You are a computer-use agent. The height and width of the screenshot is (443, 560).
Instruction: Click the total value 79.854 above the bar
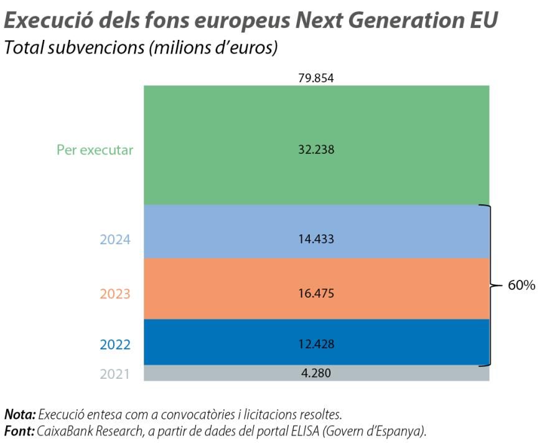[x=316, y=79]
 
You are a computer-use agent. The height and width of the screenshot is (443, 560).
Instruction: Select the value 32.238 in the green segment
[x=316, y=150]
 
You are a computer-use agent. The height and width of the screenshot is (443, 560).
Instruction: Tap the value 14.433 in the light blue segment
[x=316, y=239]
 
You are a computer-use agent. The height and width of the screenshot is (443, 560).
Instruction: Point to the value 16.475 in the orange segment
[x=316, y=293]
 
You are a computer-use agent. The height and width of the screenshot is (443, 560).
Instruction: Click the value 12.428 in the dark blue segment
[x=316, y=344]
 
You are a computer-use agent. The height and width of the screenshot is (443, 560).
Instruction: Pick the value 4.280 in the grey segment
[x=316, y=373]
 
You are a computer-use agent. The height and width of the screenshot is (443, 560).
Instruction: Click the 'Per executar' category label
[x=95, y=150]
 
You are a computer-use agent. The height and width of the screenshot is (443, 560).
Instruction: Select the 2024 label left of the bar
[x=115, y=239]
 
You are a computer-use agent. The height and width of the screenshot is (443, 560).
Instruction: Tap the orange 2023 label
[x=115, y=293]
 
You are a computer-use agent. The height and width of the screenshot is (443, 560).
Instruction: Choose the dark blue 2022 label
[x=115, y=345]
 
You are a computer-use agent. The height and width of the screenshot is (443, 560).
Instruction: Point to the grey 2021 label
[x=115, y=374]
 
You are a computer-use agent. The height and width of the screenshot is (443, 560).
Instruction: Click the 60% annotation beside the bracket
[x=521, y=285]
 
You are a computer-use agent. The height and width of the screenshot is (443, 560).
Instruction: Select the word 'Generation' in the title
[x=399, y=20]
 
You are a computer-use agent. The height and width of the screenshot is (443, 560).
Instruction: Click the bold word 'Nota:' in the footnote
[x=20, y=414]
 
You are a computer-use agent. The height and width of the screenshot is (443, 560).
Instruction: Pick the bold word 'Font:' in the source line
[x=19, y=431]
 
